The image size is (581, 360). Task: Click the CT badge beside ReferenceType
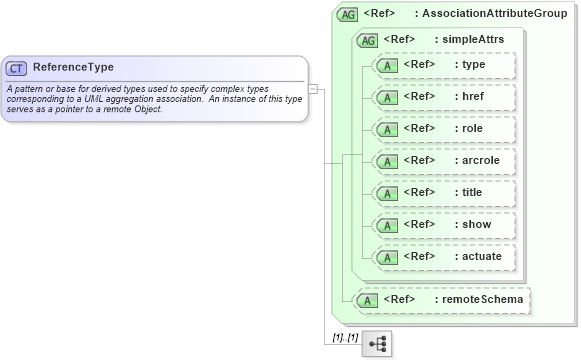(x=17, y=68)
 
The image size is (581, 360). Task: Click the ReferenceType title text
(x=73, y=68)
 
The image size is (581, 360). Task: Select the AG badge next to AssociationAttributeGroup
(x=347, y=14)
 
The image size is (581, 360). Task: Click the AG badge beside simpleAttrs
(x=367, y=40)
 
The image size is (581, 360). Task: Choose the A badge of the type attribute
(x=384, y=66)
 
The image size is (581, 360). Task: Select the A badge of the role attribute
(x=384, y=129)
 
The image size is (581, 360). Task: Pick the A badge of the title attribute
(x=384, y=192)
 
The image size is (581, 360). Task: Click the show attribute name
(x=472, y=224)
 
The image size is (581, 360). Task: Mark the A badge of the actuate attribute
(x=384, y=256)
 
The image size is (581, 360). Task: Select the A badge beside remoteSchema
(x=367, y=299)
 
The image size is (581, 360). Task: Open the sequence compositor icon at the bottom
(x=377, y=343)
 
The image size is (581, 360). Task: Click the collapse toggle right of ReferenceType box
(x=313, y=88)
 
